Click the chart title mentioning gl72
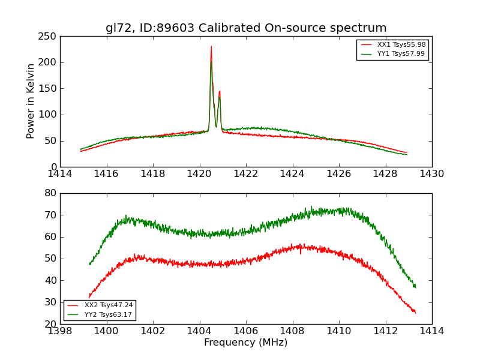tap(246, 28)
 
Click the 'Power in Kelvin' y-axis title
tap(31, 101)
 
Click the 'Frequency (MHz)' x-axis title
tap(246, 343)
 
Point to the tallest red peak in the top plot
tap(211, 47)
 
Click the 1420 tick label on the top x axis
tap(200, 174)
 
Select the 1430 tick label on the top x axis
tap(432, 174)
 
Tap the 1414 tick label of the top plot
tap(61, 174)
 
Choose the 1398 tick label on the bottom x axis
tap(61, 331)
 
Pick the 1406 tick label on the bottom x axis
tap(246, 331)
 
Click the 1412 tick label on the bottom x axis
tap(386, 331)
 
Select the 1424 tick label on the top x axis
tap(293, 174)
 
